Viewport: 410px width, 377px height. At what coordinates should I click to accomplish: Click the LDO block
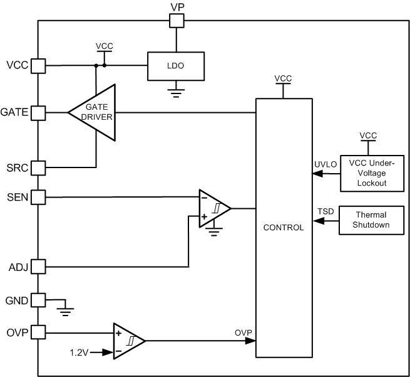[177, 65]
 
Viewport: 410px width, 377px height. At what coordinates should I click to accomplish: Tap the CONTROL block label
[284, 227]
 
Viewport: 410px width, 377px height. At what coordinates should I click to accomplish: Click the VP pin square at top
[177, 21]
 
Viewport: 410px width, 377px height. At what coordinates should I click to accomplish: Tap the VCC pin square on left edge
[38, 65]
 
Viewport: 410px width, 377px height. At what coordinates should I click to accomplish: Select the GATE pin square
[38, 113]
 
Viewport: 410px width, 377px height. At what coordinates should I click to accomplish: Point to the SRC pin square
[38, 167]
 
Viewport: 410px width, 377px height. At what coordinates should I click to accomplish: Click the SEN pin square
[38, 198]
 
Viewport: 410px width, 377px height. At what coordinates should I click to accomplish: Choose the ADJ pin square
[38, 267]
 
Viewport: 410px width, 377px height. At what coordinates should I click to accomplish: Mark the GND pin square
[38, 300]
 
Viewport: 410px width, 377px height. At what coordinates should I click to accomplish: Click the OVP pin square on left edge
[38, 332]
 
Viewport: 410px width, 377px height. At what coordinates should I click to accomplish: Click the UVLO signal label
[325, 164]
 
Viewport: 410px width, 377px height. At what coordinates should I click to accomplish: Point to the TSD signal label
[325, 211]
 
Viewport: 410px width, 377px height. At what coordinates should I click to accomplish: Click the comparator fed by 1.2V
[128, 341]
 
